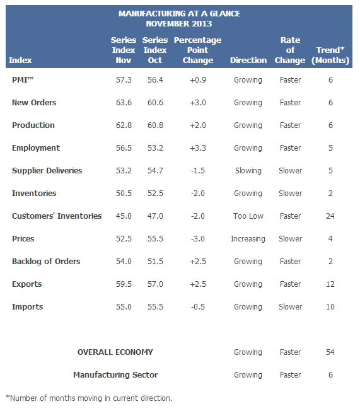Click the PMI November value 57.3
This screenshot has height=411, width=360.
click(x=124, y=79)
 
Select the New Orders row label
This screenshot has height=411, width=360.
click(x=34, y=103)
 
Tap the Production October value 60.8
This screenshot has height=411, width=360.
click(x=155, y=125)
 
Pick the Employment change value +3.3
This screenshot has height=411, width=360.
click(x=198, y=148)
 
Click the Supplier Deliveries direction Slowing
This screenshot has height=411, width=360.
click(x=248, y=171)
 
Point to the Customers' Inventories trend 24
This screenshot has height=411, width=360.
click(x=330, y=216)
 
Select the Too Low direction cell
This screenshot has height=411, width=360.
click(x=248, y=216)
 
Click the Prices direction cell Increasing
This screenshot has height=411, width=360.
click(x=248, y=239)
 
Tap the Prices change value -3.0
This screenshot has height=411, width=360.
click(x=198, y=239)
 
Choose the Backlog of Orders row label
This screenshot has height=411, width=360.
click(x=46, y=262)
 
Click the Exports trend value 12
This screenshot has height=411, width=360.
click(x=330, y=284)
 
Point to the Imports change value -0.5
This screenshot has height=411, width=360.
click(x=198, y=307)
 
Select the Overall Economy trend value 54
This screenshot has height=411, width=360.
click(x=330, y=352)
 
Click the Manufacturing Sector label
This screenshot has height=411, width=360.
click(x=115, y=375)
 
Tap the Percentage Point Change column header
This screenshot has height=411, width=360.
click(x=198, y=50)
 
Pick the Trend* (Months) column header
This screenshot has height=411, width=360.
click(x=330, y=55)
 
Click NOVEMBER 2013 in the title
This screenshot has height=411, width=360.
click(x=179, y=23)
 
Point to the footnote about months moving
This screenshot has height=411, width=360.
click(x=89, y=398)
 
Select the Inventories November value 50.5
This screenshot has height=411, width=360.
click(x=124, y=194)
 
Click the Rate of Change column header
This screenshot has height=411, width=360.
click(x=290, y=50)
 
